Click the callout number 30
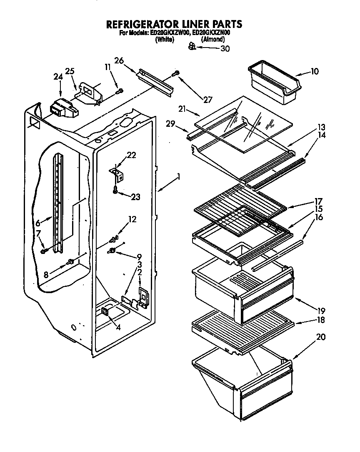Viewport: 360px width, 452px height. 225,48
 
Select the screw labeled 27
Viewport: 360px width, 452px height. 177,73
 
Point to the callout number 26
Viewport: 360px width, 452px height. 119,60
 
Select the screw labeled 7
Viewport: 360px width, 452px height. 44,251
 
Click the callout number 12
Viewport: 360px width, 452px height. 132,219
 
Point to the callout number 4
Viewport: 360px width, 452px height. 118,328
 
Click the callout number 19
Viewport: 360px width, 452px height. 321,311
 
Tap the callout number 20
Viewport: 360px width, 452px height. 321,337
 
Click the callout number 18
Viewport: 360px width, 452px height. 321,320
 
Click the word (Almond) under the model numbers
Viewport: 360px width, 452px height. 213,40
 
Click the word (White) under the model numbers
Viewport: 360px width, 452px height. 164,40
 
